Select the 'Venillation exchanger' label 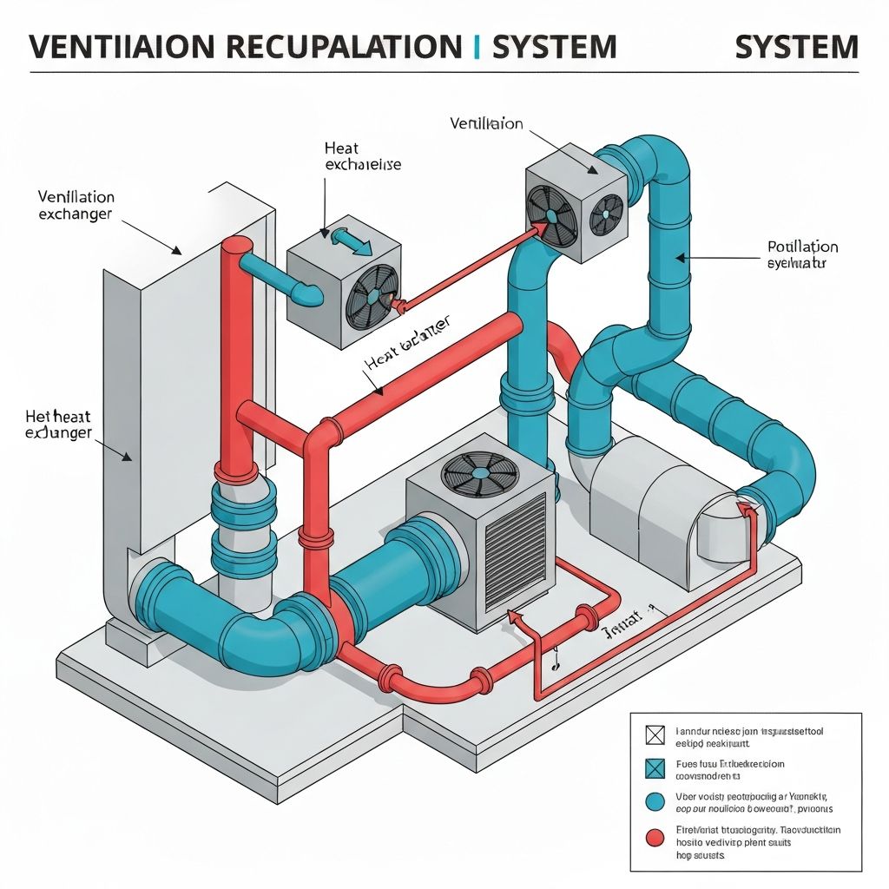tap(76, 205)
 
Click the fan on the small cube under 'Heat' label tap(373, 295)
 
